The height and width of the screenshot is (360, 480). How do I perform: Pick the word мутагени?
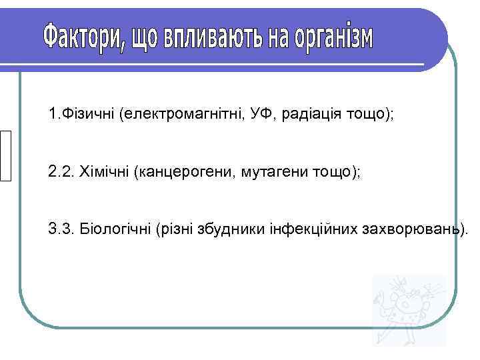[269, 172]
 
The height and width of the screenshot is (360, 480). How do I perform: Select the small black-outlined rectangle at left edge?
[6, 155]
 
